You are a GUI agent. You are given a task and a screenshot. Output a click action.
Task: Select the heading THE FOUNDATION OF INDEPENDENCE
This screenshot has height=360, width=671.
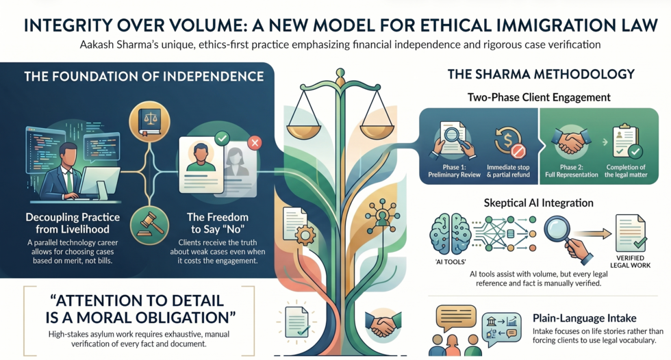(x=144, y=77)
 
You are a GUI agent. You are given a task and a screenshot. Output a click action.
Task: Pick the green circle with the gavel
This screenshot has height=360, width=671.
(x=149, y=225)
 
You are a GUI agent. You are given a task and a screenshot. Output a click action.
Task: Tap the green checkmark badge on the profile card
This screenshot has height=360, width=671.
(x=222, y=138)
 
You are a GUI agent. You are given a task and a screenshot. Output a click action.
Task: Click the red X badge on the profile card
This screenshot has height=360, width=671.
(x=255, y=142)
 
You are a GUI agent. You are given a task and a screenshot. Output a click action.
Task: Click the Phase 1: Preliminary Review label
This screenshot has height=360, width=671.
(x=454, y=171)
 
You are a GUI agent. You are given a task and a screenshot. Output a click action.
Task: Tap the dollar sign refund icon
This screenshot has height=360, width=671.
(x=509, y=143)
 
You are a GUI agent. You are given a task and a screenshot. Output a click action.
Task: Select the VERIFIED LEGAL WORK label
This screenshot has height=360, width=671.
(x=630, y=261)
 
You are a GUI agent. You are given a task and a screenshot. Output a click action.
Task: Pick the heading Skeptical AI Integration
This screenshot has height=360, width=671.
(x=538, y=203)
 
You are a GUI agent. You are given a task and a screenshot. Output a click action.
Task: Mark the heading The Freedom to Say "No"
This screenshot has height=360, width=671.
(x=218, y=223)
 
